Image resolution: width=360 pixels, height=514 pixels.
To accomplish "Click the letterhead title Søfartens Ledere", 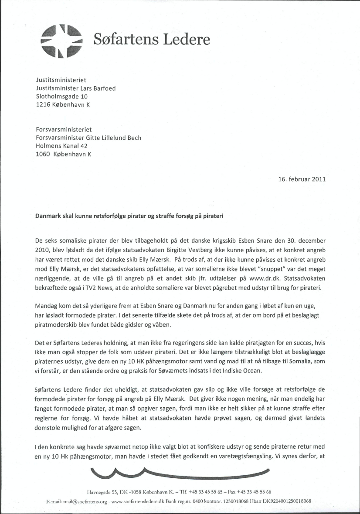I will click(152, 40).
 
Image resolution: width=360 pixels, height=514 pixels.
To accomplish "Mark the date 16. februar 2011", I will click(301, 179).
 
